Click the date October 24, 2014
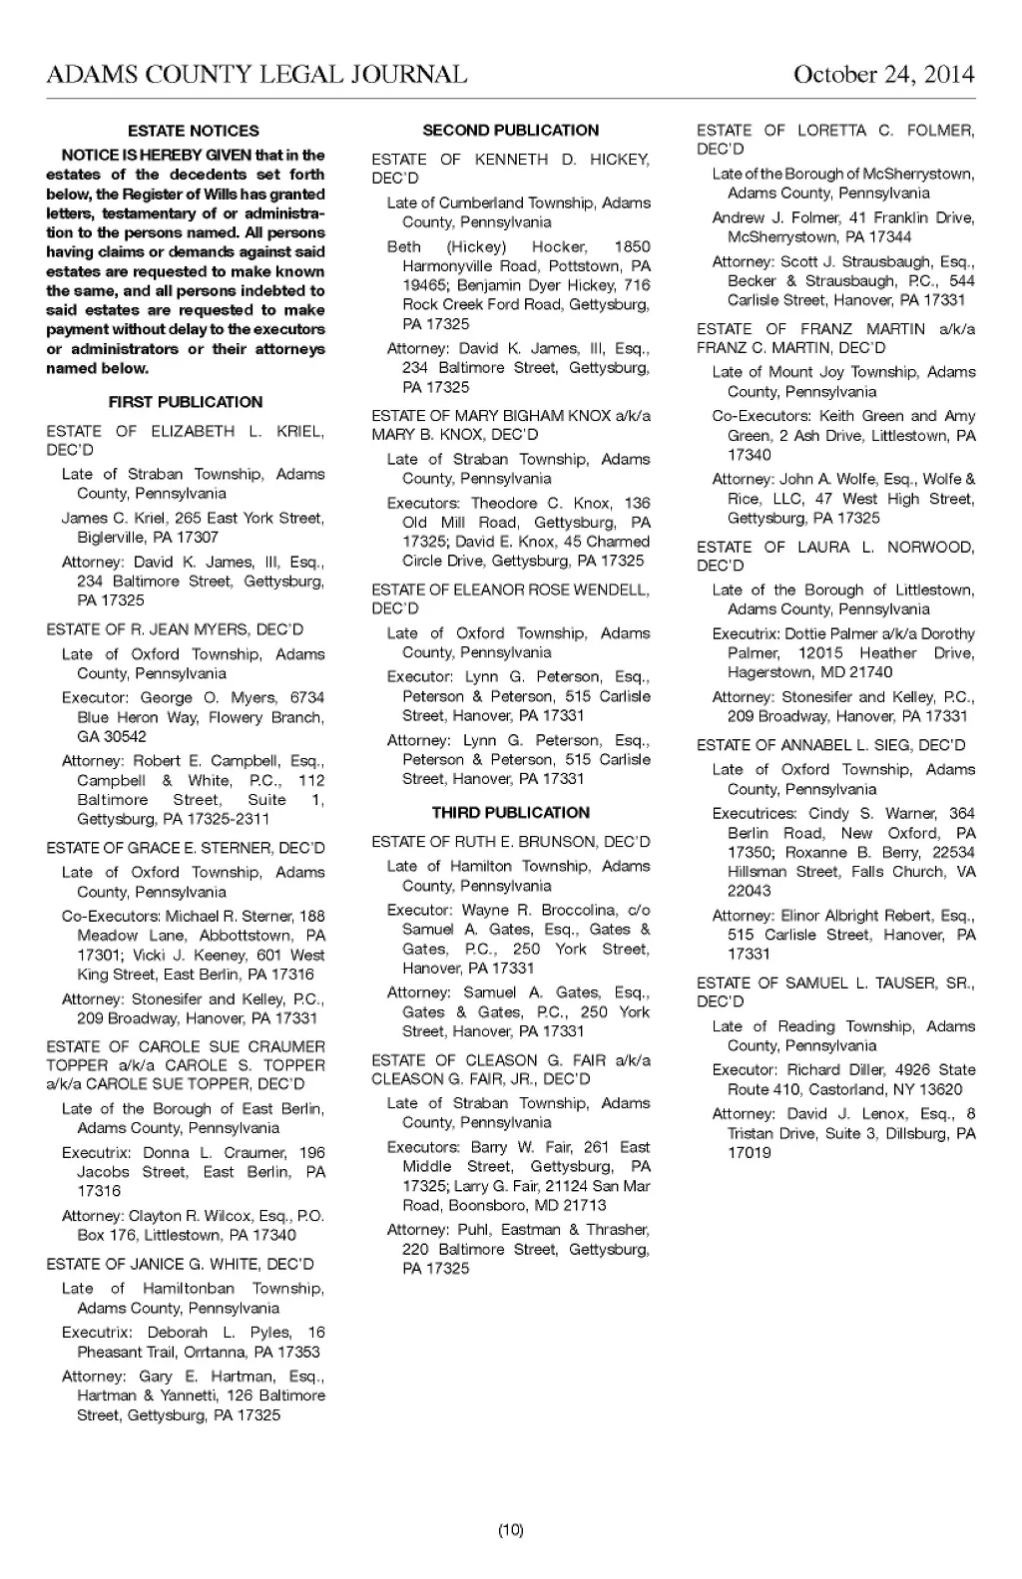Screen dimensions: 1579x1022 click(883, 75)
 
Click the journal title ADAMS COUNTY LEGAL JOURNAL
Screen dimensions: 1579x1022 click(256, 75)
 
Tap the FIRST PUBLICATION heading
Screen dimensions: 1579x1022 click(186, 402)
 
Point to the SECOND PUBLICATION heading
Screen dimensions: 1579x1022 click(510, 130)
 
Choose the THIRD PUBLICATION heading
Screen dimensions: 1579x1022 click(510, 812)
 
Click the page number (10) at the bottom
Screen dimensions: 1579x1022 click(510, 1529)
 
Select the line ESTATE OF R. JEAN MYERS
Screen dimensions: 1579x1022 click(175, 629)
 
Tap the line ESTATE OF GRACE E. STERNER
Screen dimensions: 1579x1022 click(186, 848)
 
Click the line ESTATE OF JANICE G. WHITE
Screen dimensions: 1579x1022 click(180, 1264)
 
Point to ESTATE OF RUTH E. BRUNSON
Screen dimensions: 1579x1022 click(510, 842)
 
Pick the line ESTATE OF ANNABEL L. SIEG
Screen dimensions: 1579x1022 click(830, 745)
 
